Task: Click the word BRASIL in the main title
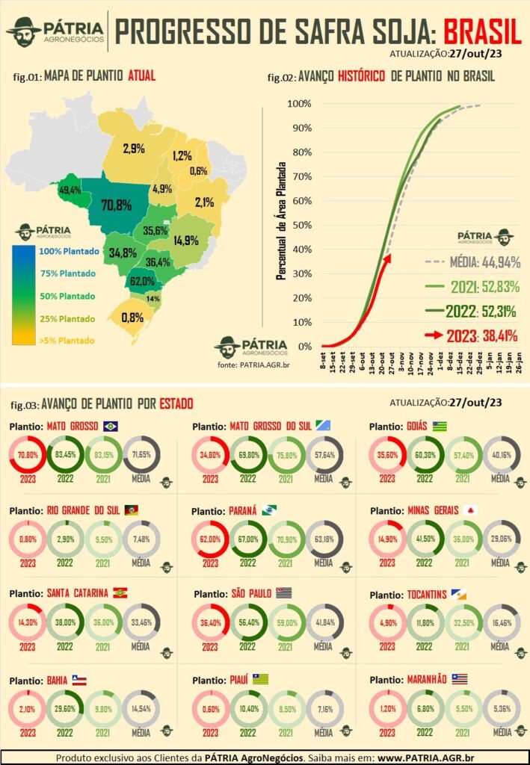(481, 31)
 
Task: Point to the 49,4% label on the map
(70, 190)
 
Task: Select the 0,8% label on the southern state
(132, 316)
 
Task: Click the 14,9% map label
(186, 240)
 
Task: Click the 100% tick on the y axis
(299, 103)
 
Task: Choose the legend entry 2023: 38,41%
(475, 335)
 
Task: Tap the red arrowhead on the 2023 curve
(387, 258)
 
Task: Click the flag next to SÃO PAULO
(283, 593)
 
